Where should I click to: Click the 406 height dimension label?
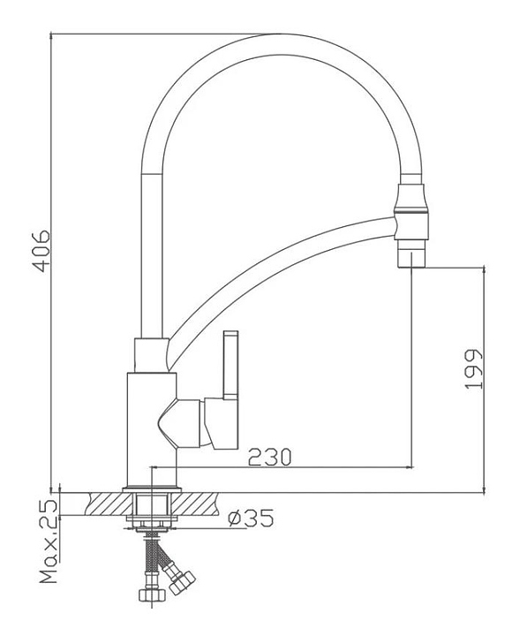click(41, 251)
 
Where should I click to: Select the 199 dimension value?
click(474, 368)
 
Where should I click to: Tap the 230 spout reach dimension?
click(269, 458)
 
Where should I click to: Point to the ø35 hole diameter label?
click(251, 519)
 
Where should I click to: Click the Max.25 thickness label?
click(49, 541)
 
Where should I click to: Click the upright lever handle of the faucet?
click(230, 367)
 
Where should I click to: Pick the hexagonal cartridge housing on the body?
click(178, 423)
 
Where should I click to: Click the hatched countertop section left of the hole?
click(110, 503)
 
